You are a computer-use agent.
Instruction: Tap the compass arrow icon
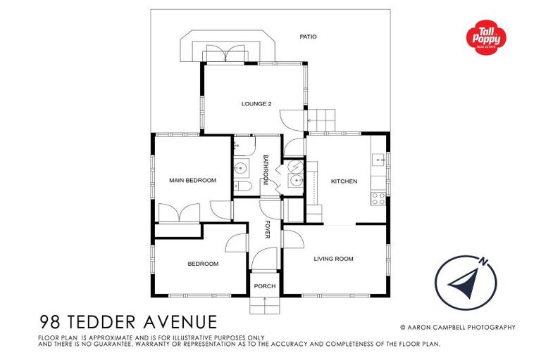click(x=461, y=282)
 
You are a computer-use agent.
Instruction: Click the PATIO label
click(x=308, y=36)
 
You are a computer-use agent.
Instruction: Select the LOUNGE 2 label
click(x=256, y=104)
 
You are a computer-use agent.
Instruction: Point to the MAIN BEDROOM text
click(x=192, y=181)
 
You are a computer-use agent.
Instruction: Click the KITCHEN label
click(x=344, y=181)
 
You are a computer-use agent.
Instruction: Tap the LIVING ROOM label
click(x=333, y=259)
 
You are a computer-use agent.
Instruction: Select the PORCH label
click(x=265, y=286)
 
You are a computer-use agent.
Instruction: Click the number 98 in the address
click(x=50, y=322)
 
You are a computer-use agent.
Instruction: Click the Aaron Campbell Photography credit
click(x=457, y=327)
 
